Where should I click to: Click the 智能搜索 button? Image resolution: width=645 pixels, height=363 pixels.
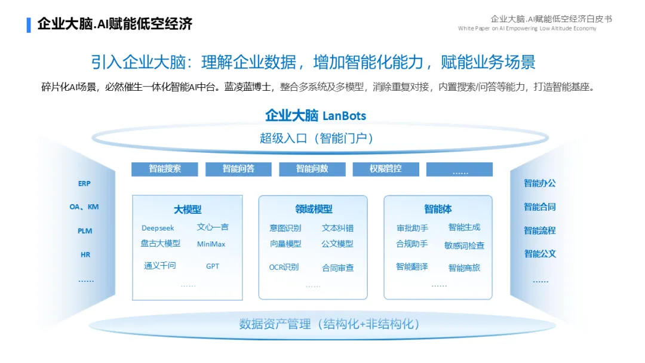pos(164,169)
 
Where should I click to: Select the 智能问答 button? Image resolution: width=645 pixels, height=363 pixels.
pos(238,169)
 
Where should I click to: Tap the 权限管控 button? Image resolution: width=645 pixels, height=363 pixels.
pos(386,169)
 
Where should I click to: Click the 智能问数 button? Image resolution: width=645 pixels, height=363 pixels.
pos(312,169)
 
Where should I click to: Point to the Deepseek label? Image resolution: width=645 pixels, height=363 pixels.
pos(158,228)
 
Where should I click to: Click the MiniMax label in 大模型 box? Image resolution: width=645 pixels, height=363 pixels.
pos(211,244)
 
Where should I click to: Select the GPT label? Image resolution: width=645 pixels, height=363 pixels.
pos(213,266)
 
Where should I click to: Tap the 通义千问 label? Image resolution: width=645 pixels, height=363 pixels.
pos(160,266)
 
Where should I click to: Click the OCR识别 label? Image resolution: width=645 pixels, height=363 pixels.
pos(284,267)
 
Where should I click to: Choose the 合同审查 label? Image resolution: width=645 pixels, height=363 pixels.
pos(337,268)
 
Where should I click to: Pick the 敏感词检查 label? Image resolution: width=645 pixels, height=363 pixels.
pos(464,245)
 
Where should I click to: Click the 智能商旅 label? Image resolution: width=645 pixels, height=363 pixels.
pos(464,268)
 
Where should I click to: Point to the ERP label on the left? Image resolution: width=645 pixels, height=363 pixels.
pos(84,184)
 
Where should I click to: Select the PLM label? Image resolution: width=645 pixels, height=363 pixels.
pos(85,231)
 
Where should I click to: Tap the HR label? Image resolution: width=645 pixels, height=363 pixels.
pos(85,255)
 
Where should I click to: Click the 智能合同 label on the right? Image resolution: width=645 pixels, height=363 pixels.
pos(540,207)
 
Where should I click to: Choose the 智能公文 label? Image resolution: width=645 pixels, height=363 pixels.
pos(540,254)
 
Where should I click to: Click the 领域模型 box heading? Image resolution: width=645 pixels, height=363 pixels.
pos(314,210)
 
